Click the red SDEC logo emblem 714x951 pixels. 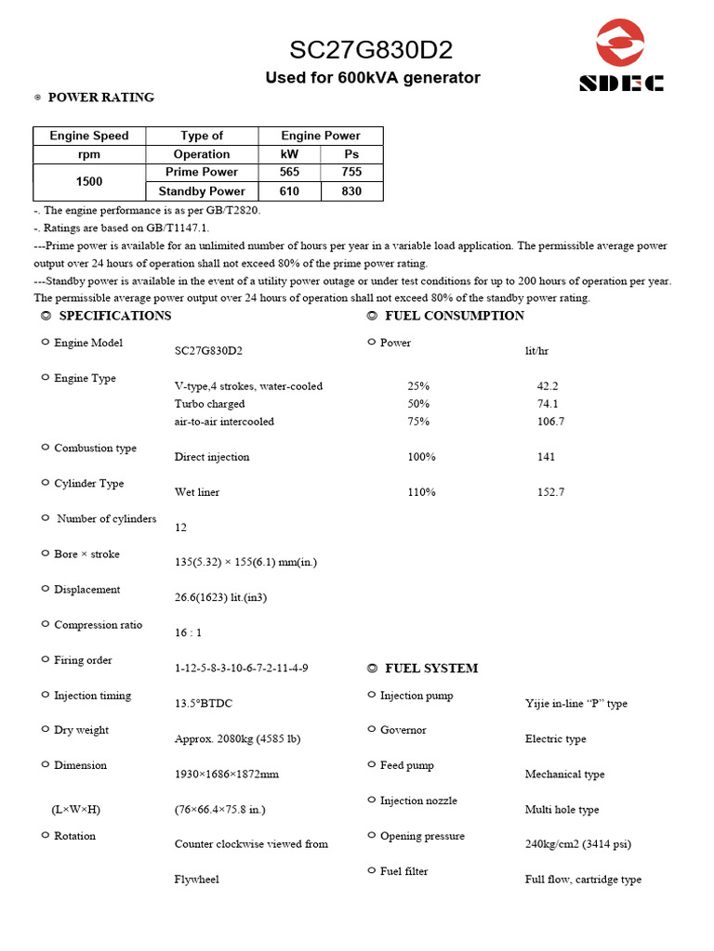[620, 44]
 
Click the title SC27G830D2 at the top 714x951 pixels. [371, 50]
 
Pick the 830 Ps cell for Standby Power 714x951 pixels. [351, 191]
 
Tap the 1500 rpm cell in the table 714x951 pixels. [89, 182]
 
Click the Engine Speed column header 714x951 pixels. [89, 136]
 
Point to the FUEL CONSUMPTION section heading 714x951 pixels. [454, 316]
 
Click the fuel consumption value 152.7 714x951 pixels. [550, 492]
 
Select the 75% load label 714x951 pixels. [418, 422]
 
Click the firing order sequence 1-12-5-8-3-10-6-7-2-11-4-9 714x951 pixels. [242, 669]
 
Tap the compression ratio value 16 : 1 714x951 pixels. [190, 633]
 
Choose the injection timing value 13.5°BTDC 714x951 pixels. [204, 704]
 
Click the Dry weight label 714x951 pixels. [81, 730]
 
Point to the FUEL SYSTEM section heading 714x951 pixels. [430, 669]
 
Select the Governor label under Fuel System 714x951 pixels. [403, 730]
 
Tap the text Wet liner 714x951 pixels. [197, 492]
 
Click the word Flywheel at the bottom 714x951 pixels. [197, 879]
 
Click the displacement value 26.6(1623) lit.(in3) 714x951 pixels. [220, 598]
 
